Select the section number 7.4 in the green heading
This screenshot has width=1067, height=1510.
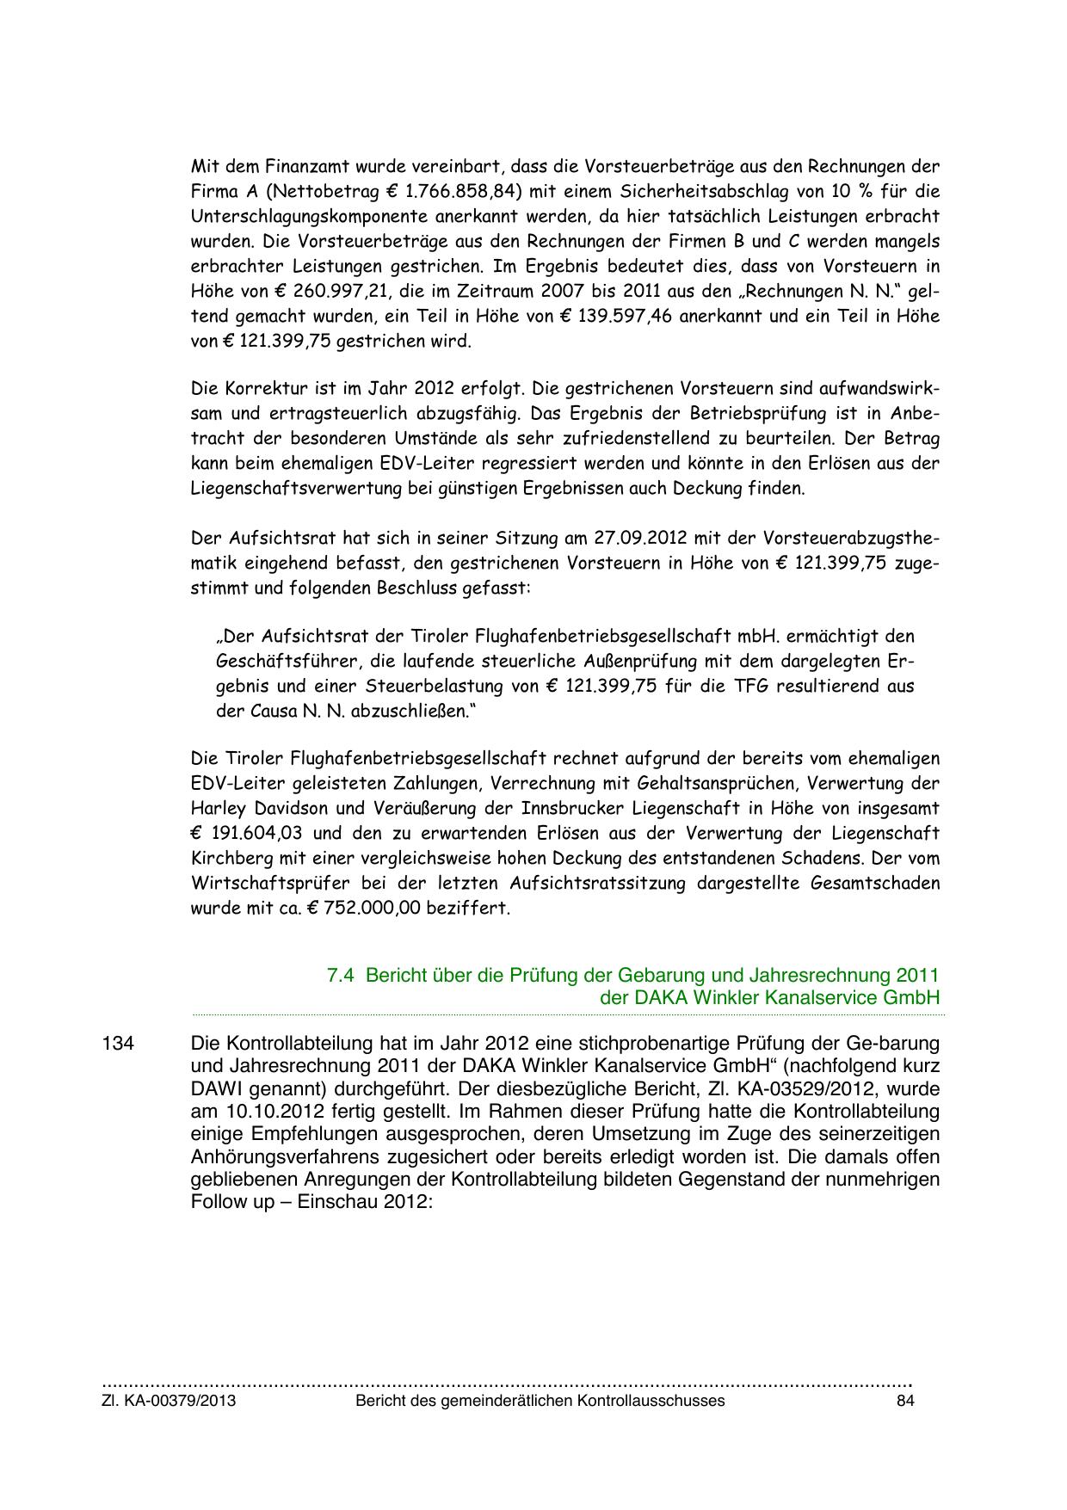click(x=342, y=976)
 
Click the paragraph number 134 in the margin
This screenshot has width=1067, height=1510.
click(x=118, y=1044)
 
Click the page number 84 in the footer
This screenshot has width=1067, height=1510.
click(x=904, y=1401)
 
